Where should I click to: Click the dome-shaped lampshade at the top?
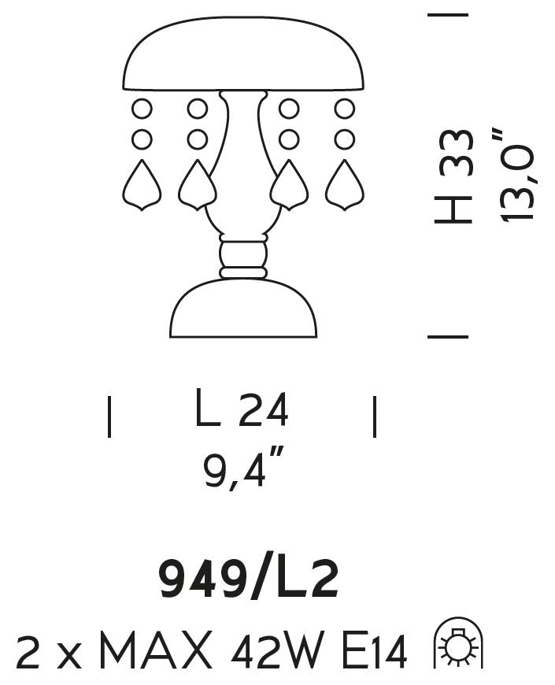pyautogui.click(x=243, y=54)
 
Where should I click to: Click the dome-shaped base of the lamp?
pyautogui.click(x=243, y=309)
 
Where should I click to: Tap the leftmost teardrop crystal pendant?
pyautogui.click(x=142, y=186)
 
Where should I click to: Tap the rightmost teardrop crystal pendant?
pyautogui.click(x=345, y=186)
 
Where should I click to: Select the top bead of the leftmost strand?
pyautogui.click(x=142, y=109)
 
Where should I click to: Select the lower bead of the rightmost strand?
pyautogui.click(x=345, y=139)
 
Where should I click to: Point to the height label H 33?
pyautogui.click(x=453, y=176)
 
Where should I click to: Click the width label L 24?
pyautogui.click(x=242, y=409)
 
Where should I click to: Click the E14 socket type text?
pyautogui.click(x=375, y=651)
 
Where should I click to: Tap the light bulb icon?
pyautogui.click(x=458, y=643)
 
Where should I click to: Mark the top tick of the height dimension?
pyautogui.click(x=448, y=15)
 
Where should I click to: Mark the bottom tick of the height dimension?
pyautogui.click(x=448, y=337)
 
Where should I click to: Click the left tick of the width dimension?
pyautogui.click(x=109, y=417)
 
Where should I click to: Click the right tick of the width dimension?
pyautogui.click(x=375, y=417)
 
